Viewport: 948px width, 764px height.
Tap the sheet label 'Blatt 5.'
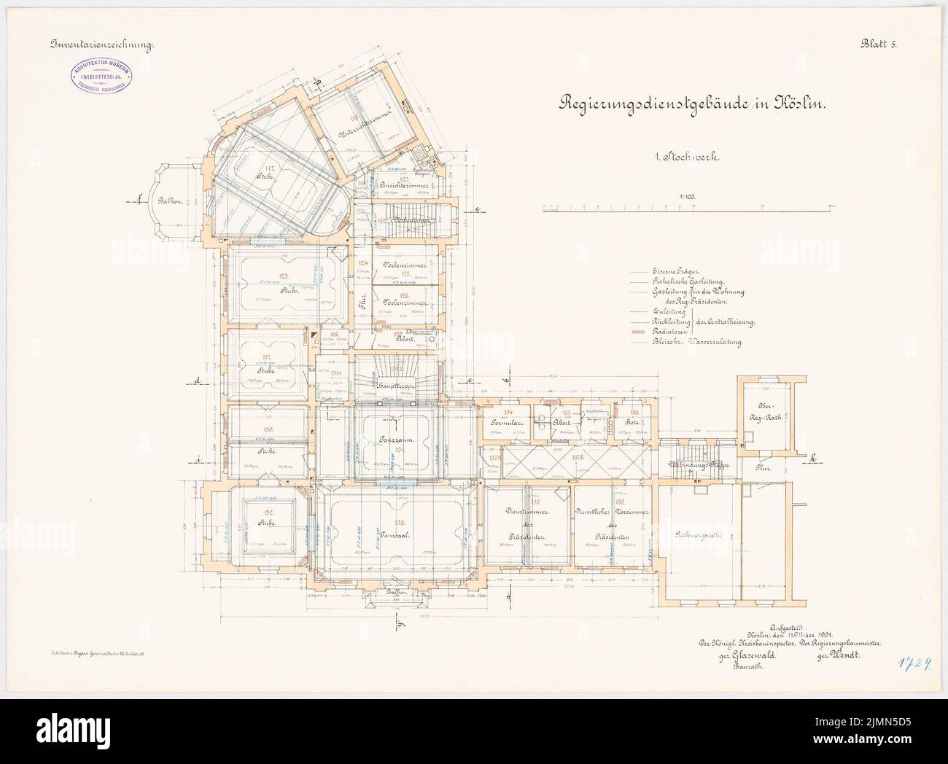point(879,44)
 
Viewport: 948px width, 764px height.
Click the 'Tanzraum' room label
point(397,440)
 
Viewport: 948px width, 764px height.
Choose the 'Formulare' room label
point(503,422)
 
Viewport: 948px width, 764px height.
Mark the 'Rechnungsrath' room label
point(703,537)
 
